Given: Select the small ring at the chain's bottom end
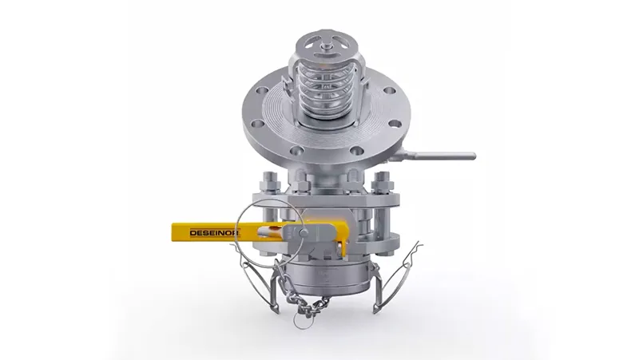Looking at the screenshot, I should coord(302,322).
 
